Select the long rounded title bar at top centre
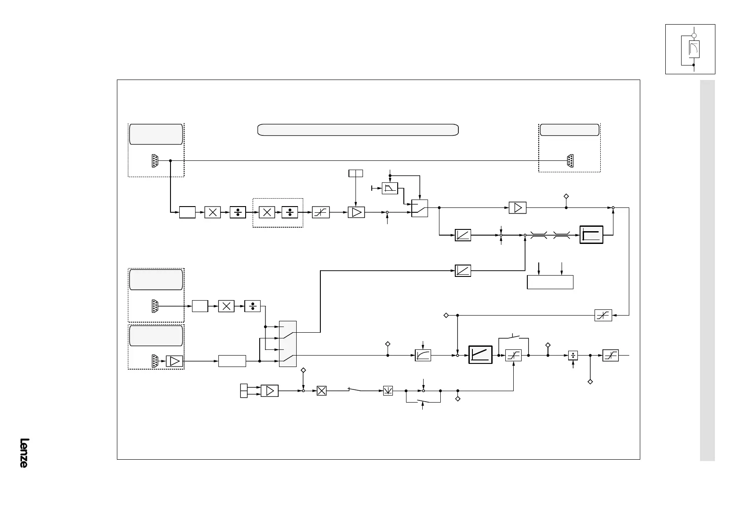[x=358, y=130]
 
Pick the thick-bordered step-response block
[x=591, y=235]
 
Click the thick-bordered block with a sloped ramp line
[x=480, y=355]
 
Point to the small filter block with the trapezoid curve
[x=390, y=188]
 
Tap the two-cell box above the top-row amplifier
[x=355, y=173]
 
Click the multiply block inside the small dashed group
[x=267, y=212]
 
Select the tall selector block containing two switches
[x=288, y=344]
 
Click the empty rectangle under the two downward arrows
[x=550, y=282]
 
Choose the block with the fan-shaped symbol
[x=388, y=390]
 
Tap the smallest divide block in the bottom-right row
[x=573, y=355]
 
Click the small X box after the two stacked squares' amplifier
[x=322, y=390]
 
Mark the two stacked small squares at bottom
[x=244, y=390]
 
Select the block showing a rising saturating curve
[x=423, y=355]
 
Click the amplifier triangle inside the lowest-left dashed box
[x=174, y=361]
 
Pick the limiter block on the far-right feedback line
[x=603, y=315]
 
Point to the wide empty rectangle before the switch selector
[x=232, y=361]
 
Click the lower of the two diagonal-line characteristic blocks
[x=463, y=271]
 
